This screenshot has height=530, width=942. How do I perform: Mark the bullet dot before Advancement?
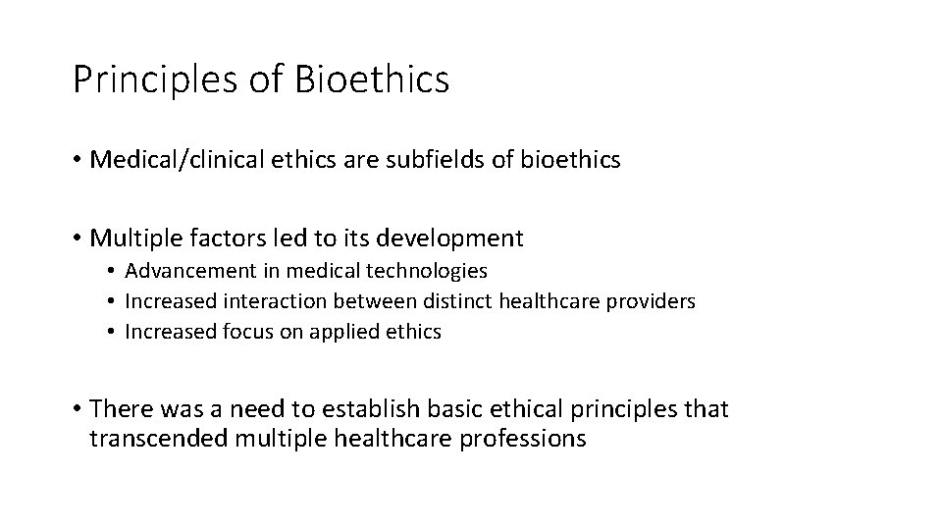coord(114,271)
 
